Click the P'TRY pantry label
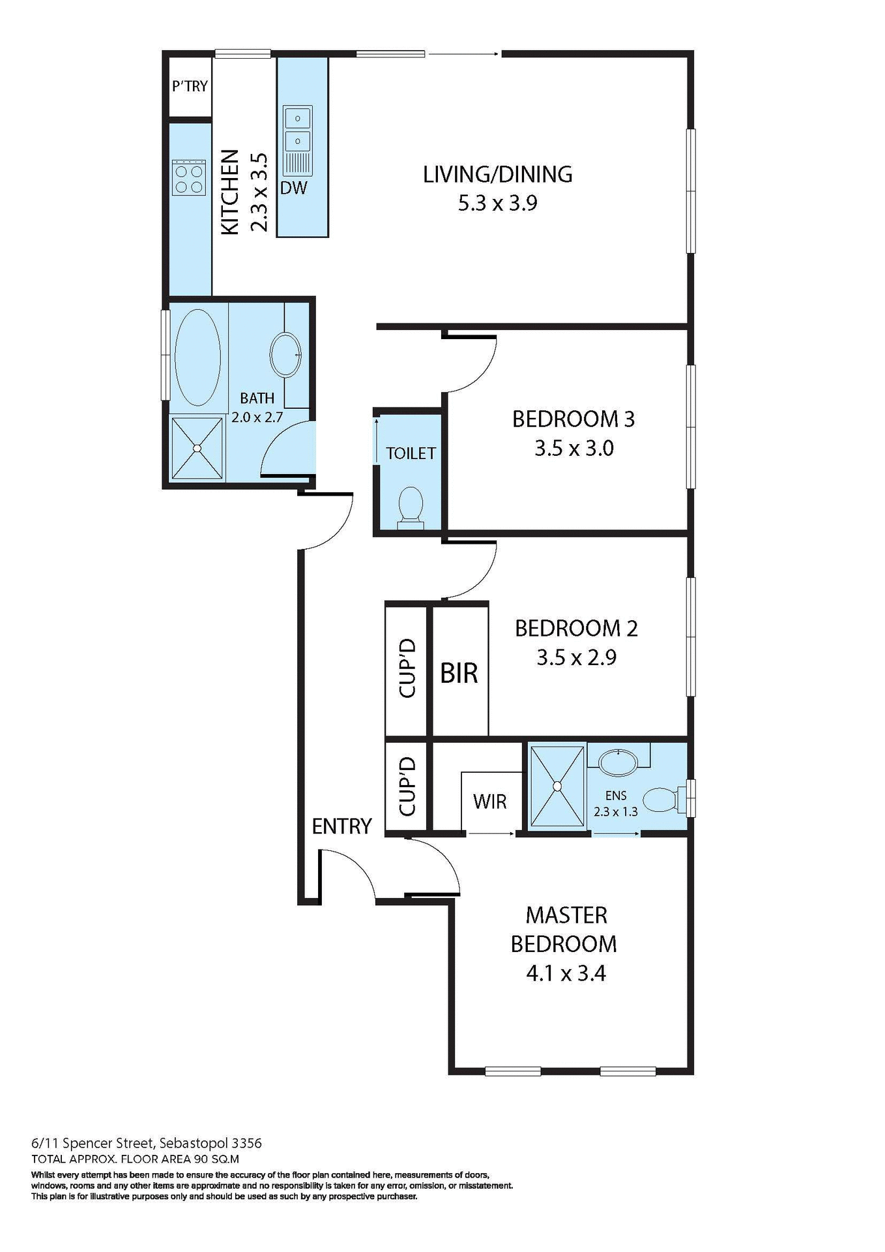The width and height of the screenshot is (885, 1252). [x=190, y=86]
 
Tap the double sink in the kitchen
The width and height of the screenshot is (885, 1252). [x=298, y=129]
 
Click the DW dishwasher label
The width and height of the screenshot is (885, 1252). [x=293, y=188]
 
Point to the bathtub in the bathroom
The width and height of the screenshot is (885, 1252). [x=197, y=357]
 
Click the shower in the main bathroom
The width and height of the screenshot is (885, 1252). [x=197, y=448]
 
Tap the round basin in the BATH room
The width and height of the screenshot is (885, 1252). [x=285, y=355]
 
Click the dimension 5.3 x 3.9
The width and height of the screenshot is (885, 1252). [x=497, y=203]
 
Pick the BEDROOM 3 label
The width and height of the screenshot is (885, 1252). [x=573, y=419]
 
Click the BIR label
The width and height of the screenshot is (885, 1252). [x=459, y=673]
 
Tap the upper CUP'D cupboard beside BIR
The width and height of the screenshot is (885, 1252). [x=407, y=669]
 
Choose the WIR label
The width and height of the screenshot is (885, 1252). [x=489, y=801]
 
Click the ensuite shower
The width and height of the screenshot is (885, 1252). [x=557, y=786]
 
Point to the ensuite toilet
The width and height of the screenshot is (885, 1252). [x=662, y=799]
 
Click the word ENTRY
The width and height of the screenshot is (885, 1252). [x=341, y=826]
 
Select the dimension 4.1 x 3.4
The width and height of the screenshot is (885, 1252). [x=566, y=974]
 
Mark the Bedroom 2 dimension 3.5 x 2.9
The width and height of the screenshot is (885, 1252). [x=576, y=657]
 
